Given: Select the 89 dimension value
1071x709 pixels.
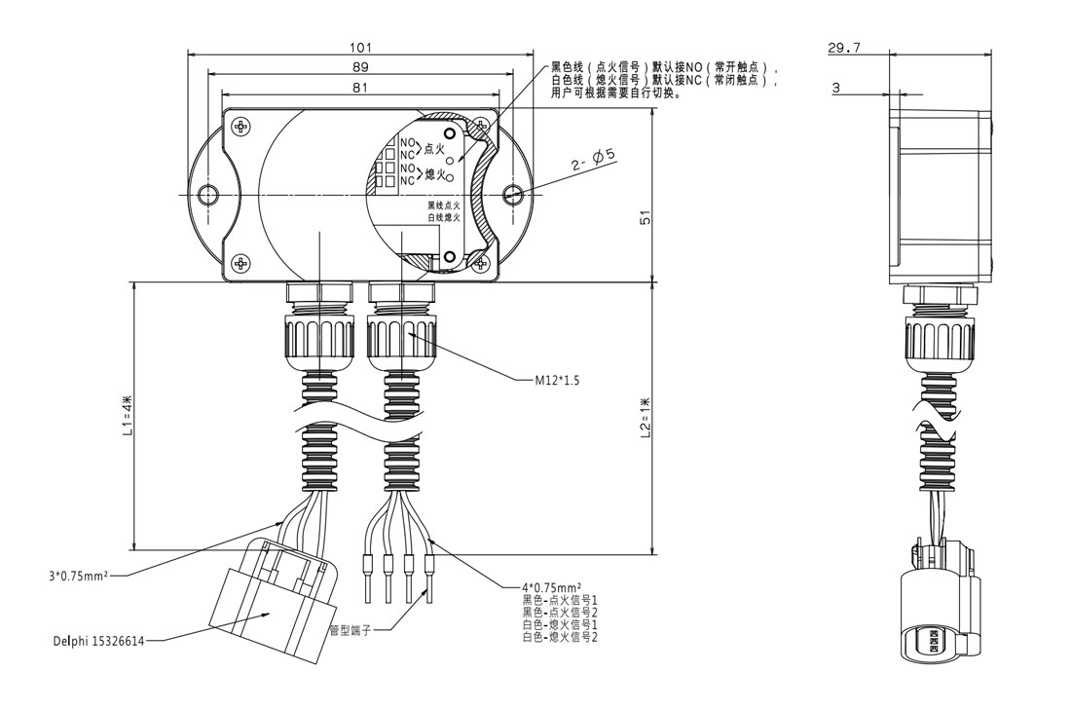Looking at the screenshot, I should pos(359,68).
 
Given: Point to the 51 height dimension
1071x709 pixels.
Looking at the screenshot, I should pos(645,218).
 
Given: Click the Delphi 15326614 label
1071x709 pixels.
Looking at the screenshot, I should pos(96,642).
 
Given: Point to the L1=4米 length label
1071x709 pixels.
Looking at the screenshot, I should pos(128,415).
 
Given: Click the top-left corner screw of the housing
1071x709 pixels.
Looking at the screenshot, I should pos(240,126).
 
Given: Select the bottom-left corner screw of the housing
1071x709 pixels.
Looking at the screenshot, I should pos(240,262).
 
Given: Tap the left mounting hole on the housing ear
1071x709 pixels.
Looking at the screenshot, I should pos(205,195).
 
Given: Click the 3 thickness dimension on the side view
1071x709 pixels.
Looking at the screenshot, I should pos(836,88).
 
